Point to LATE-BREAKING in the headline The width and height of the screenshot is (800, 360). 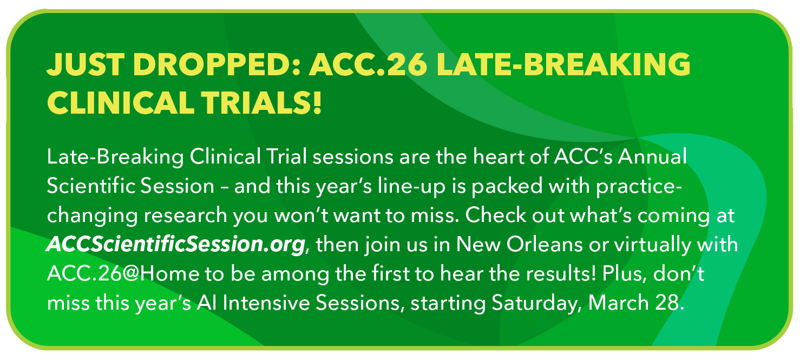pos(563,66)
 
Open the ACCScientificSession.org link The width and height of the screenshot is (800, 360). pos(176,244)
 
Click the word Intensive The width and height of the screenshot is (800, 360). pos(266,303)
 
